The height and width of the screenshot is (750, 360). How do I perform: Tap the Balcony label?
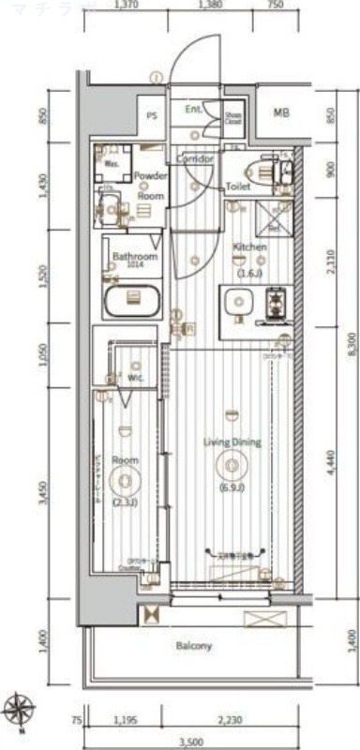tap(193, 646)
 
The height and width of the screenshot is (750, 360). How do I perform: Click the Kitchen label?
tap(249, 247)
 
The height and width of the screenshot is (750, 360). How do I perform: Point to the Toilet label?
tap(236, 187)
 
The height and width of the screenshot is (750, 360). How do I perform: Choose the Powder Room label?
tap(150, 186)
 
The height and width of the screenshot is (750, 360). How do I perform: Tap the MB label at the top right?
tap(281, 113)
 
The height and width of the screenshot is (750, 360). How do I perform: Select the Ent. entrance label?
tap(194, 110)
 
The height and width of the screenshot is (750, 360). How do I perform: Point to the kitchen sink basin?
tap(238, 303)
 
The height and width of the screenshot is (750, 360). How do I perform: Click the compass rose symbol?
tap(21, 707)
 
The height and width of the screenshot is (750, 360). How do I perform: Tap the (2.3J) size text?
tap(125, 503)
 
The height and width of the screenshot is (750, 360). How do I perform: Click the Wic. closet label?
tap(137, 379)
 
